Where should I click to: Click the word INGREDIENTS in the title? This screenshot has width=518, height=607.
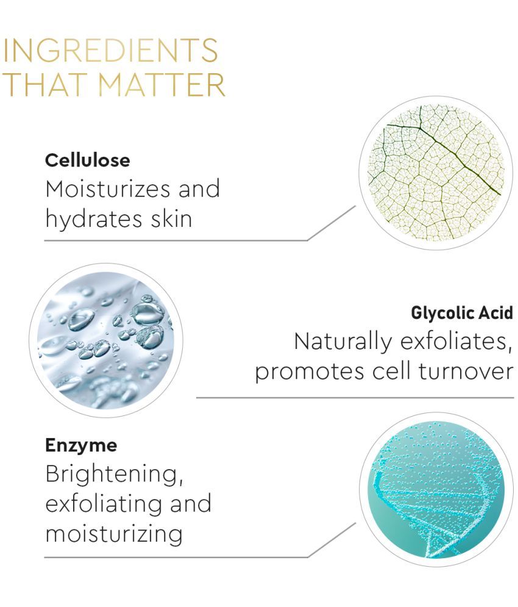click(110, 50)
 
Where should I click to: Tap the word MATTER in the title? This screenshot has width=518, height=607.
click(161, 84)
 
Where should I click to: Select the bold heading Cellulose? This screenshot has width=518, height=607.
click(87, 160)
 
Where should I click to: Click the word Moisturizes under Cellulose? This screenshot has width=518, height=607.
click(107, 189)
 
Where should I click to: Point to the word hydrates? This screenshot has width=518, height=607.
click(94, 219)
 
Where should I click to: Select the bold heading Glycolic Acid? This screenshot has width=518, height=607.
click(462, 313)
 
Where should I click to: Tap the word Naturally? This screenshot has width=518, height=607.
click(342, 342)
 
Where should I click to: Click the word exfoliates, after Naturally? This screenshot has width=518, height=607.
click(456, 342)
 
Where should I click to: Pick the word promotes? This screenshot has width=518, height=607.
click(310, 372)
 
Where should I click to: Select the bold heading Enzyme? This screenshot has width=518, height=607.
click(81, 446)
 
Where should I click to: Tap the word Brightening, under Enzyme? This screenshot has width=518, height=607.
click(114, 474)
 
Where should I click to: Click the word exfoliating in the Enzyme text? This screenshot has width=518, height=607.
click(103, 504)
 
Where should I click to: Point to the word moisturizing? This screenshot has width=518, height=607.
click(114, 534)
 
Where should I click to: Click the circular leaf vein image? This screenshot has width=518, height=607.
click(436, 173)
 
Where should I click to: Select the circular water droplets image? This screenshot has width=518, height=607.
click(106, 340)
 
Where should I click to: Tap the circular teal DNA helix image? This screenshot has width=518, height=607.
click(436, 490)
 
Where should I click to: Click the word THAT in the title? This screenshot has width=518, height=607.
click(44, 84)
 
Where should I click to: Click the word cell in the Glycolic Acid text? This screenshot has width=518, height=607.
click(391, 372)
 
